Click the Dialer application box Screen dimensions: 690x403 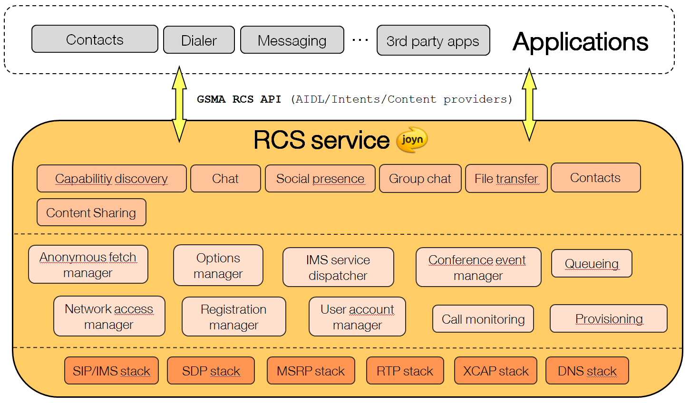coord(199,40)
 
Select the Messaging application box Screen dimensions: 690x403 coord(292,40)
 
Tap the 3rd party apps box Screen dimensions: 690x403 coord(433,40)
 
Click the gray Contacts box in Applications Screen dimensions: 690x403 coord(95,39)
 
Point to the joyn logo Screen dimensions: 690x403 coord(412,140)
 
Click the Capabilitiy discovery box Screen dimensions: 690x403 coord(111,179)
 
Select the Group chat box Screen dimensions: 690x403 coord(420,179)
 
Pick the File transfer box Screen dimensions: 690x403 coord(506,179)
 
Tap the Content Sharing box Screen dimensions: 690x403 coord(91,212)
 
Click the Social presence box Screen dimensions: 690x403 coord(320,179)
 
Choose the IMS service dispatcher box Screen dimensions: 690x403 coord(338,267)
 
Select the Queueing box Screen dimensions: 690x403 coord(592,263)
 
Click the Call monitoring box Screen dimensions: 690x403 coord(483,318)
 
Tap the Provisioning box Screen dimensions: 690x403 coord(609,318)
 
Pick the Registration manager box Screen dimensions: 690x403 coord(234,317)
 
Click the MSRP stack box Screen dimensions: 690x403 coord(311,370)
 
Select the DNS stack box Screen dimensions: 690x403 coord(587,370)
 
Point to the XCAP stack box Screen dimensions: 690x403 coord(496,370)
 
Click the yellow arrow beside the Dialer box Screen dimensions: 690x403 coord(179,104)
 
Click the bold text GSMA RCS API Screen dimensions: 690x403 coord(239,99)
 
